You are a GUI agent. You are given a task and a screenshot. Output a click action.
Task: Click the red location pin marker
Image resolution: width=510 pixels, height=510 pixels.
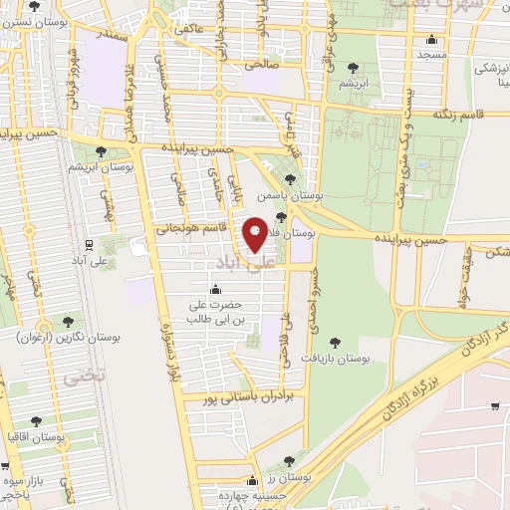(x=255, y=235)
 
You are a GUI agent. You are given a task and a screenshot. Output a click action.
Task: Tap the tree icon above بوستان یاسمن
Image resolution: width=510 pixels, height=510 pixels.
(x=289, y=179)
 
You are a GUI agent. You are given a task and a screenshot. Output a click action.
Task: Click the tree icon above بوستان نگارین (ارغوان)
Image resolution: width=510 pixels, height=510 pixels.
(x=67, y=322)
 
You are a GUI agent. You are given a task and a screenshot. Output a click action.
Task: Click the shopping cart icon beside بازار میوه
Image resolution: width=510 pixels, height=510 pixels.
(x=6, y=465)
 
